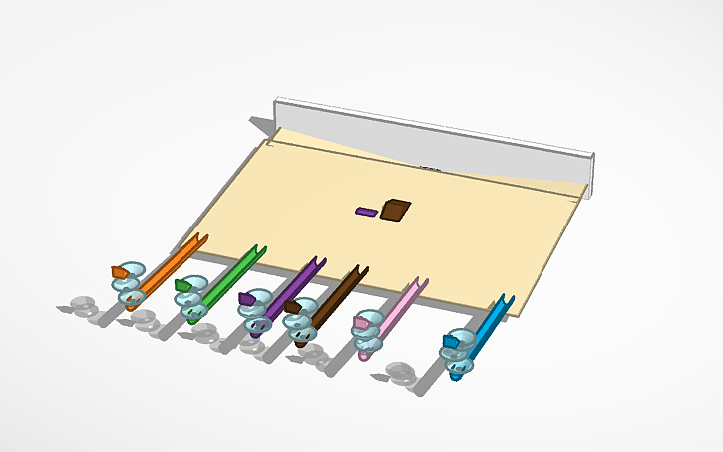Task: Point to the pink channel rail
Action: (x=399, y=310)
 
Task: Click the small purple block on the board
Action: (x=366, y=212)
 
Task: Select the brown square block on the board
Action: (x=395, y=209)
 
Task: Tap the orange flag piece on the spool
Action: (x=119, y=272)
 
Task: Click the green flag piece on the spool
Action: (x=182, y=286)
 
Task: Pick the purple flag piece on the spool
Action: (x=247, y=297)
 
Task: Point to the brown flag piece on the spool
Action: (x=292, y=307)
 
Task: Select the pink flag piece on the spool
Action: (x=361, y=321)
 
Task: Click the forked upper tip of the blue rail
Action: (x=507, y=299)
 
